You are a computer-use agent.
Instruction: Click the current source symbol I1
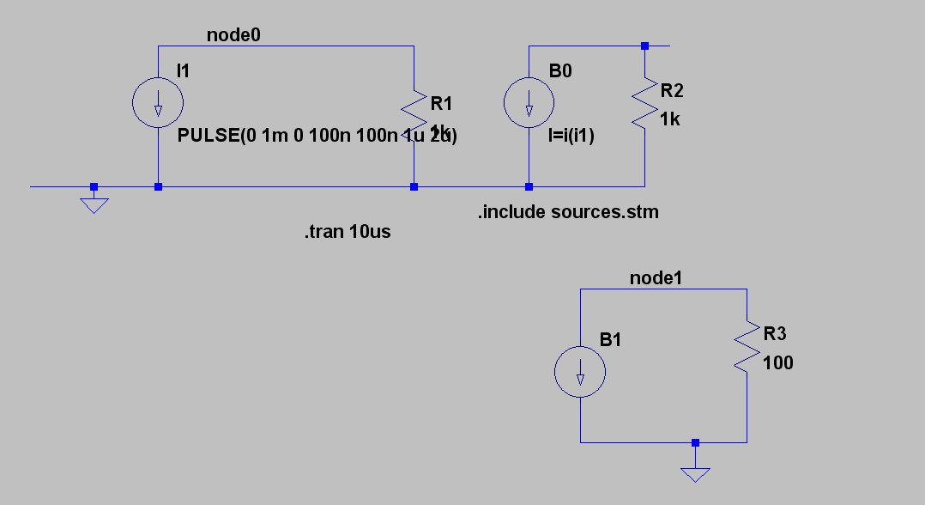(158, 104)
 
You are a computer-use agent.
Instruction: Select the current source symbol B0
(529, 104)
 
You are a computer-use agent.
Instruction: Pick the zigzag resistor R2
(644, 104)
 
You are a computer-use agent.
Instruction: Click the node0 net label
(233, 34)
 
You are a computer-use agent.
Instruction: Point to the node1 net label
(656, 278)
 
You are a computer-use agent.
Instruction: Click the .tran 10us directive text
(347, 232)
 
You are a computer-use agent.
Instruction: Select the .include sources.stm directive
(568, 211)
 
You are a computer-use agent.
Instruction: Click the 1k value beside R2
(670, 119)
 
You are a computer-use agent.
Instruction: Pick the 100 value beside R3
(778, 362)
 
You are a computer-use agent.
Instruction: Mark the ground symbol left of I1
(94, 204)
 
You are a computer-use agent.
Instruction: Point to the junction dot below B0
(529, 186)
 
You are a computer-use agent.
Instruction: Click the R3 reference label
(775, 333)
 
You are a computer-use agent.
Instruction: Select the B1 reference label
(610, 340)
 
